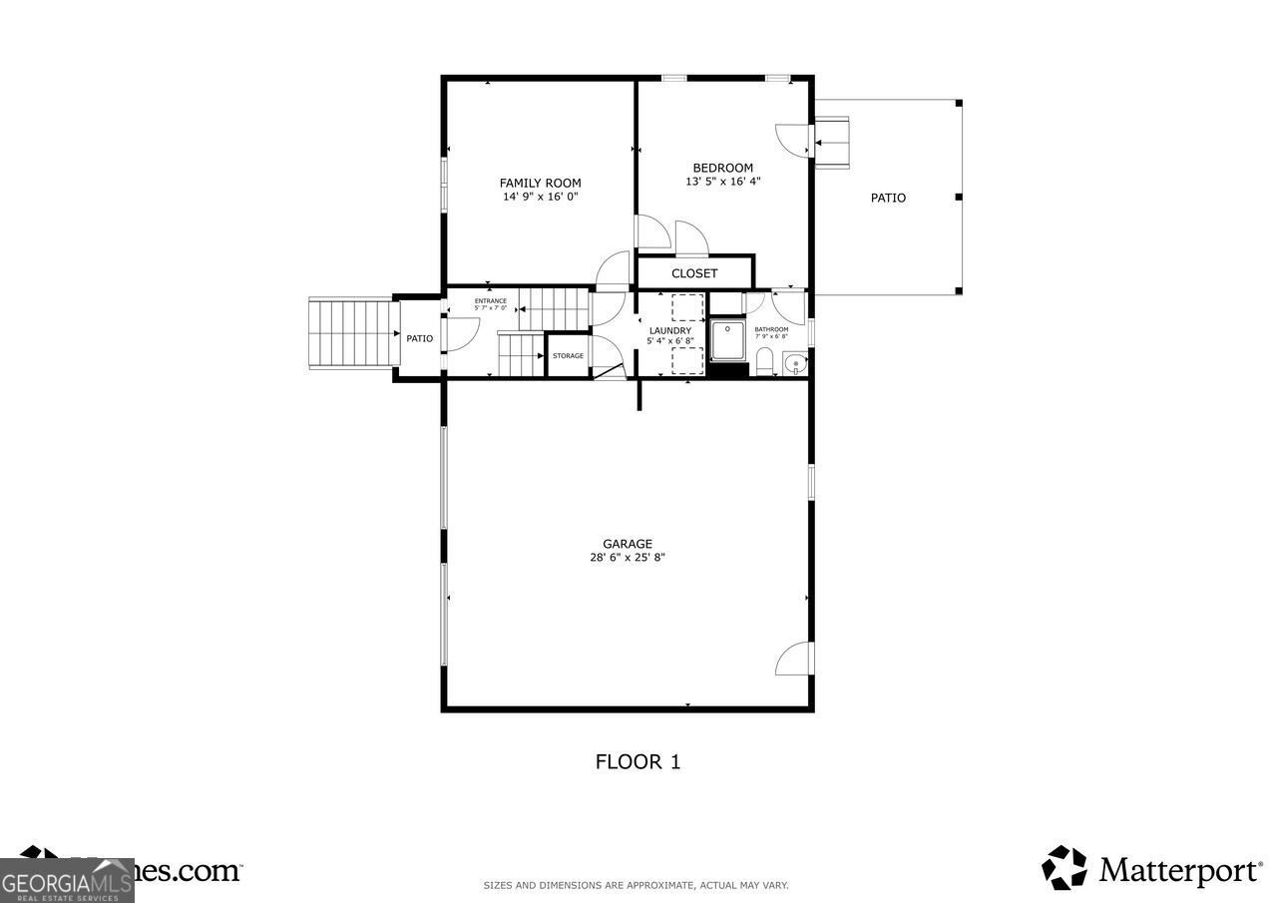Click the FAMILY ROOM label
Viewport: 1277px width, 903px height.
click(x=540, y=183)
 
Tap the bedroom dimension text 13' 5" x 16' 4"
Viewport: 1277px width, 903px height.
click(x=722, y=182)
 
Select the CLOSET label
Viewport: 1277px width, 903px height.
click(x=694, y=273)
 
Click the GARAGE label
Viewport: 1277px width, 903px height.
click(x=627, y=544)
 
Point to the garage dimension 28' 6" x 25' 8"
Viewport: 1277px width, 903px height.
click(x=627, y=558)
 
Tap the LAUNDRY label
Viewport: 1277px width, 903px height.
click(x=669, y=330)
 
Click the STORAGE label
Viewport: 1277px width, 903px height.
click(x=568, y=356)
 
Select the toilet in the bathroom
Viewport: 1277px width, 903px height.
click(x=765, y=360)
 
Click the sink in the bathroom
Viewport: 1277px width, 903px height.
click(x=794, y=363)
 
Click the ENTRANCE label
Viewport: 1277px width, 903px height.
click(x=490, y=301)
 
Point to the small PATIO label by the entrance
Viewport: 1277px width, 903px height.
click(x=419, y=338)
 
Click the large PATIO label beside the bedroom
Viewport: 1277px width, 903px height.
click(x=888, y=198)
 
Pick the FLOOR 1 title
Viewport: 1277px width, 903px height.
click(x=638, y=762)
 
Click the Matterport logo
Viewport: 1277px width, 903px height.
click(x=1151, y=868)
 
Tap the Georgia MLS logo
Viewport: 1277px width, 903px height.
click(x=67, y=880)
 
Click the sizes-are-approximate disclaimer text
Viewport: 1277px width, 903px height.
click(x=636, y=885)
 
